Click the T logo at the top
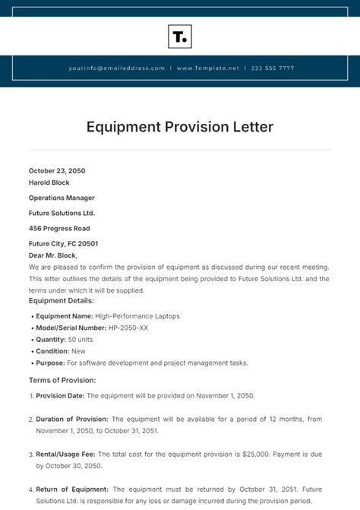coord(179,36)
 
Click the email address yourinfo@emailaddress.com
coord(116,68)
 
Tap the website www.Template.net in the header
coord(207,68)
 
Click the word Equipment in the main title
coord(123,126)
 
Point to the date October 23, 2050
coord(57,171)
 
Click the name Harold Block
coord(49,182)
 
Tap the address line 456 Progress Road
coord(59,228)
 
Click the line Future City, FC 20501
coord(63,243)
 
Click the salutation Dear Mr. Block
coord(53,255)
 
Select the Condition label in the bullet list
coord(51,351)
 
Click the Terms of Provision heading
coord(62,379)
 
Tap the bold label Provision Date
coord(60,395)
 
